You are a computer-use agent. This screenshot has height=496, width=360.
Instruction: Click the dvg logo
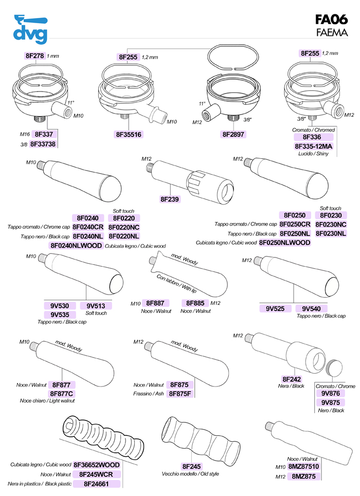pos(31,30)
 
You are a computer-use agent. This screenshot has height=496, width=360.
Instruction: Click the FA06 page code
pos(331,21)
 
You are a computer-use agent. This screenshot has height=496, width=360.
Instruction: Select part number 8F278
pos(34,56)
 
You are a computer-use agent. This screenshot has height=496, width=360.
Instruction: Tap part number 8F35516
pos(129,135)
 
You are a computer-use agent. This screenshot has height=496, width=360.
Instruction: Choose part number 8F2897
pos(233,135)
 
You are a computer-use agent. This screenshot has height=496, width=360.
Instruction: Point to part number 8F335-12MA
pos(313,146)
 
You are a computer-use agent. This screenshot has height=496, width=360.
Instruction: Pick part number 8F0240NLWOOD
pos(76,246)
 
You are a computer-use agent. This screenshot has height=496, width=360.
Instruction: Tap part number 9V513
pos(96,305)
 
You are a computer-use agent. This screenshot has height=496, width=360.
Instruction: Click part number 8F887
pos(155,303)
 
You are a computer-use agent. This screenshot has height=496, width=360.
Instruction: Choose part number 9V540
pos(312,308)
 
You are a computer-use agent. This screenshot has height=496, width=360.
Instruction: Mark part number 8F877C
pos(62,394)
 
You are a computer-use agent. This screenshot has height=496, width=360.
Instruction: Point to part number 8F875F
pos(181,394)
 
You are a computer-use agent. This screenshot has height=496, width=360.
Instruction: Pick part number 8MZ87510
pos(303,467)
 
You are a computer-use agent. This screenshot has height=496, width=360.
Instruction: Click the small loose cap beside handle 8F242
pos(335,367)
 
